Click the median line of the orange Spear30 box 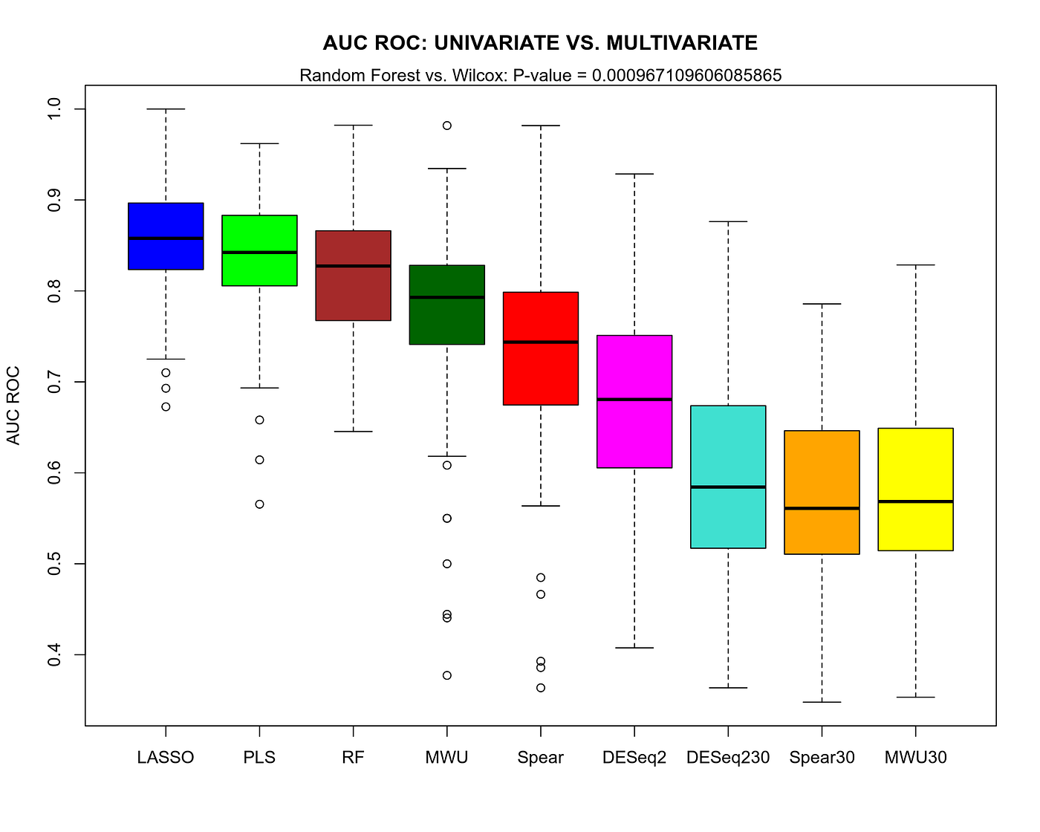point(822,508)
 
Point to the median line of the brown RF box point(353,265)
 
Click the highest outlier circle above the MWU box point(447,126)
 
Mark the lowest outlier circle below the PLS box point(259,504)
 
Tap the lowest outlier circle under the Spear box point(541,688)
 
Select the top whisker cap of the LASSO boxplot point(166,109)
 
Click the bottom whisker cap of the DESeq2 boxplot point(634,648)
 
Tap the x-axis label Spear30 point(822,758)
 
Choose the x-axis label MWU point(447,758)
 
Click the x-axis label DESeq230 point(728,758)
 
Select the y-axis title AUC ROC point(13,406)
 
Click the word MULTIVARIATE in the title point(682,43)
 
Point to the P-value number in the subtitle point(686,75)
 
